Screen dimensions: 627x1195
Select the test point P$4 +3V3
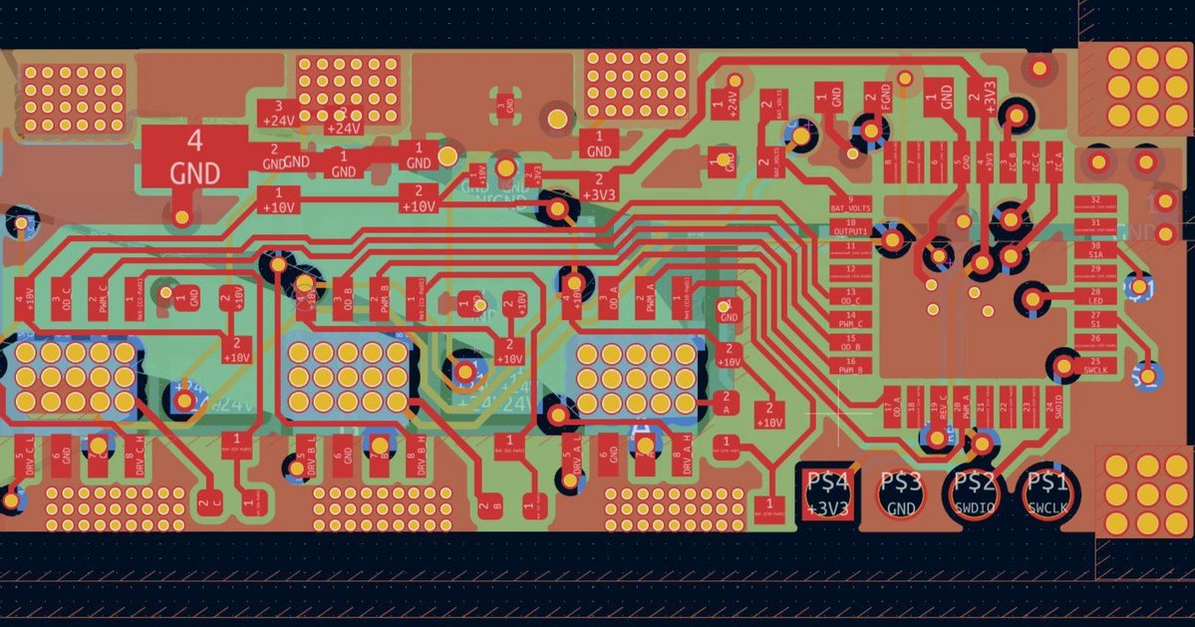coord(829,493)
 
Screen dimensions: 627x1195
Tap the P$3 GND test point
coord(903,493)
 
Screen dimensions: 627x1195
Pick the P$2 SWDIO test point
coord(975,493)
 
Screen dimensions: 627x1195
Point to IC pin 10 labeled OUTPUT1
coord(850,226)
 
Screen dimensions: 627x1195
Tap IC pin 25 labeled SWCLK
coord(1095,366)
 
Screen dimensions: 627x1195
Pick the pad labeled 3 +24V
coord(277,113)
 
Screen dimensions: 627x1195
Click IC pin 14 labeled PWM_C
coord(850,320)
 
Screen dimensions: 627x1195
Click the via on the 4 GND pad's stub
coord(181,214)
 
